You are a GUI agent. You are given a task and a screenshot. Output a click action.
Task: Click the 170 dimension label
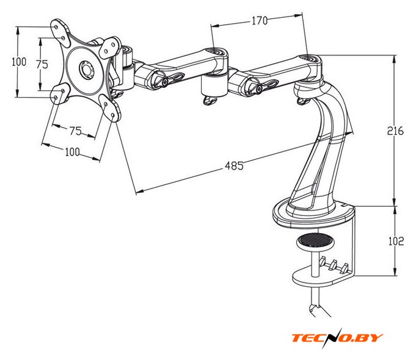[259, 21]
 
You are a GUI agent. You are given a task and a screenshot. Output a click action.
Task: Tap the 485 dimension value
[234, 165]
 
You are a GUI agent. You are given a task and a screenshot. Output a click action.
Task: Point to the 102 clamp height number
[395, 241]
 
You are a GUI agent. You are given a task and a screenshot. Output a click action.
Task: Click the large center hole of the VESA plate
[85, 69]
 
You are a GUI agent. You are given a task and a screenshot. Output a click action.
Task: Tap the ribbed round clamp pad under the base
[316, 242]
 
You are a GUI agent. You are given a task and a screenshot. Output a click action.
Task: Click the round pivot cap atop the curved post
[313, 60]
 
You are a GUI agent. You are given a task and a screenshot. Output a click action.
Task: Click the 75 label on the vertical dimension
[42, 63]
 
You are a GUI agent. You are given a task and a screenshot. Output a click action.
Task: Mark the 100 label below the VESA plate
[72, 153]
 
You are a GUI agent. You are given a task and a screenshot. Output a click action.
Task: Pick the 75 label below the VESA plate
[75, 131]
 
